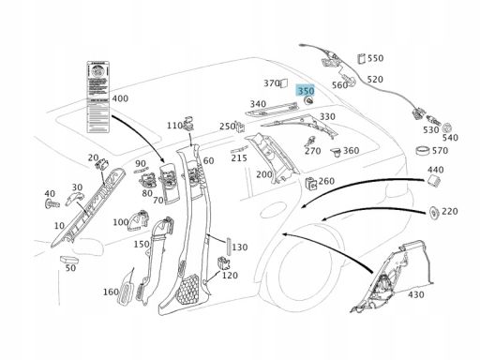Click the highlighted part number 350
(x=306, y=92)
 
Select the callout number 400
(x=120, y=98)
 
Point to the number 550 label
(x=375, y=58)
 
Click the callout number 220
(x=450, y=212)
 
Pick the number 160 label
(x=111, y=292)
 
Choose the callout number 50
(x=70, y=268)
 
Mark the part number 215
(x=239, y=158)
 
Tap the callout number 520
(x=375, y=80)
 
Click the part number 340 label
(x=258, y=104)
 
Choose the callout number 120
(x=230, y=276)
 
